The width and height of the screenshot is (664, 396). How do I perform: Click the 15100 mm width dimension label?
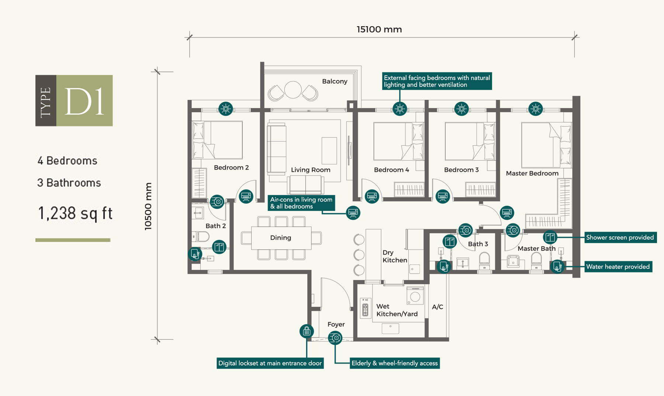coord(379,29)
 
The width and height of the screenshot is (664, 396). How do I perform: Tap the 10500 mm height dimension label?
coord(148,206)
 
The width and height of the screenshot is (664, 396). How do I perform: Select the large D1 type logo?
coord(74,101)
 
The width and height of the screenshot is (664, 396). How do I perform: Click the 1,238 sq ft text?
coord(75,213)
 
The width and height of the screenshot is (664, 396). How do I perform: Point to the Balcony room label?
coord(335,81)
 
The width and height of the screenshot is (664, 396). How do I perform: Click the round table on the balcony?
coord(293,90)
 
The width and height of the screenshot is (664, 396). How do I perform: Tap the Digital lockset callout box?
coord(270,363)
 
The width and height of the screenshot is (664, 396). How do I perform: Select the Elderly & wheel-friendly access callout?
coord(395,363)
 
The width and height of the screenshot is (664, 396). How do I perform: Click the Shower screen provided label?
coord(620,237)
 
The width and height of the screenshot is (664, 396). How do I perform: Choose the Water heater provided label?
coord(618,267)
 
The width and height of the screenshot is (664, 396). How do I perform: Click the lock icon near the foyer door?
coord(307,331)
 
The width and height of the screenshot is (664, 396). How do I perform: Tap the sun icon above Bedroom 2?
coord(226,109)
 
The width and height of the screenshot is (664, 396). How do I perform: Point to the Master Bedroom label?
coord(532,173)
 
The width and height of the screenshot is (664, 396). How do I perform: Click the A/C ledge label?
coord(438,307)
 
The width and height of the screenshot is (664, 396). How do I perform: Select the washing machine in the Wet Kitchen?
coord(415,296)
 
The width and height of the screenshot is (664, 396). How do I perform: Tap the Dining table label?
coord(281,238)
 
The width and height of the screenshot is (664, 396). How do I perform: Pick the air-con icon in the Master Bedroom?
coord(507,213)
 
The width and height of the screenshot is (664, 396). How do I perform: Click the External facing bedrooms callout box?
coord(437,81)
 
